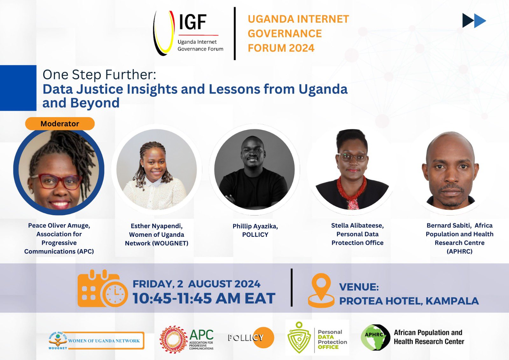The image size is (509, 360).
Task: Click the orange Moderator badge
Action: pyautogui.click(x=60, y=124)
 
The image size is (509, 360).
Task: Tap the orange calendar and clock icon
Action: pyautogui.click(x=102, y=289)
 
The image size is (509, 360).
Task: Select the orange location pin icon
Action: pyautogui.click(x=321, y=290)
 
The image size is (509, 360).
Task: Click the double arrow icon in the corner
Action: pyautogui.click(x=474, y=21)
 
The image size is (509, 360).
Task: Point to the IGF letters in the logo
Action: pyautogui.click(x=192, y=22)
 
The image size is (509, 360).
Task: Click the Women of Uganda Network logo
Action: pyautogui.click(x=96, y=341)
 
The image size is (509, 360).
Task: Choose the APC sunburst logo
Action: pyautogui.click(x=173, y=339)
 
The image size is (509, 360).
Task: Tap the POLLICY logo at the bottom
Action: pyautogui.click(x=251, y=337)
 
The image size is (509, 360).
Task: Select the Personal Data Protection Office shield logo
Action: pyautogui.click(x=299, y=338)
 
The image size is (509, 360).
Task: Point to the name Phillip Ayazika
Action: pyautogui.click(x=255, y=226)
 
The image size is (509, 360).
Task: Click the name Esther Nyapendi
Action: pyautogui.click(x=157, y=226)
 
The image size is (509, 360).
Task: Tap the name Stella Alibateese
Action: pyautogui.click(x=357, y=225)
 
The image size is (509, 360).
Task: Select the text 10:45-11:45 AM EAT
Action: pyautogui.click(x=204, y=299)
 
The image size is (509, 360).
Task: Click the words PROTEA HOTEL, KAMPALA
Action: pyautogui.click(x=409, y=301)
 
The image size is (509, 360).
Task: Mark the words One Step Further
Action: pyautogui.click(x=99, y=74)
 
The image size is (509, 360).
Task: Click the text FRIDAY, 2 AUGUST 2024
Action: pyautogui.click(x=196, y=284)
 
